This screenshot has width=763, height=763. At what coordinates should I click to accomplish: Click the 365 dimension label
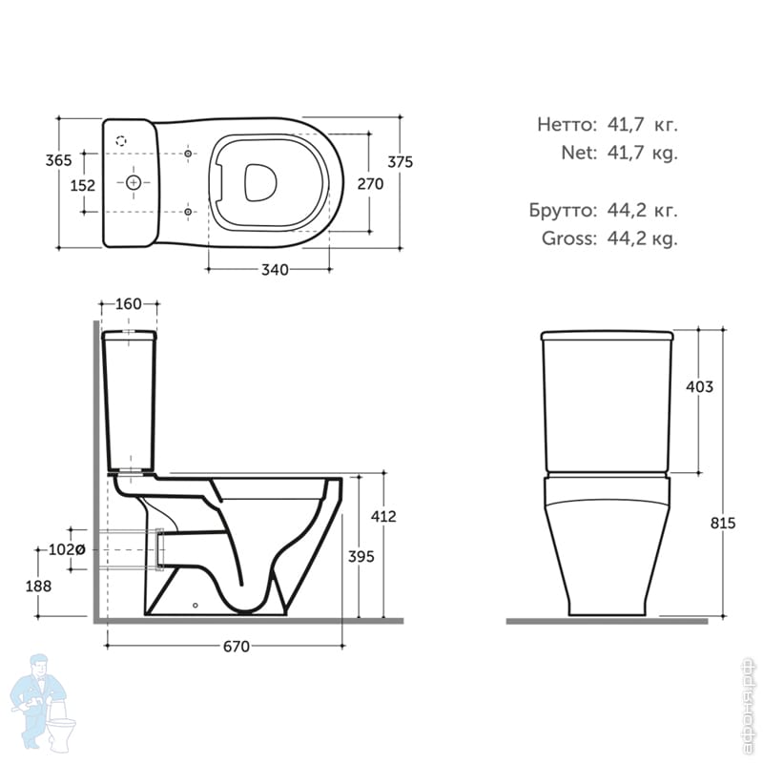(x=58, y=160)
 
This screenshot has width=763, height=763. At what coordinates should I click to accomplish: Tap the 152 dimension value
(x=83, y=185)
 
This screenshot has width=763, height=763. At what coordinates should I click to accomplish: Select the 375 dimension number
(x=400, y=161)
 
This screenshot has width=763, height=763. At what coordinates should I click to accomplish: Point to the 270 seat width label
(x=370, y=184)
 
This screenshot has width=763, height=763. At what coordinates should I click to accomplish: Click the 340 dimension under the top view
(x=275, y=270)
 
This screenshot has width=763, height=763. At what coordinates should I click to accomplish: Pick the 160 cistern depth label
(x=129, y=304)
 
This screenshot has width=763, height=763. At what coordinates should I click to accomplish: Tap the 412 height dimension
(x=383, y=516)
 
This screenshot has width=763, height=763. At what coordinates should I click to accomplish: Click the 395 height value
(x=361, y=556)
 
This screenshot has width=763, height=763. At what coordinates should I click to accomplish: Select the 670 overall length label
(x=236, y=647)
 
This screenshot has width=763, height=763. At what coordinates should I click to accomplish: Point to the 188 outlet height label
(x=38, y=586)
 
